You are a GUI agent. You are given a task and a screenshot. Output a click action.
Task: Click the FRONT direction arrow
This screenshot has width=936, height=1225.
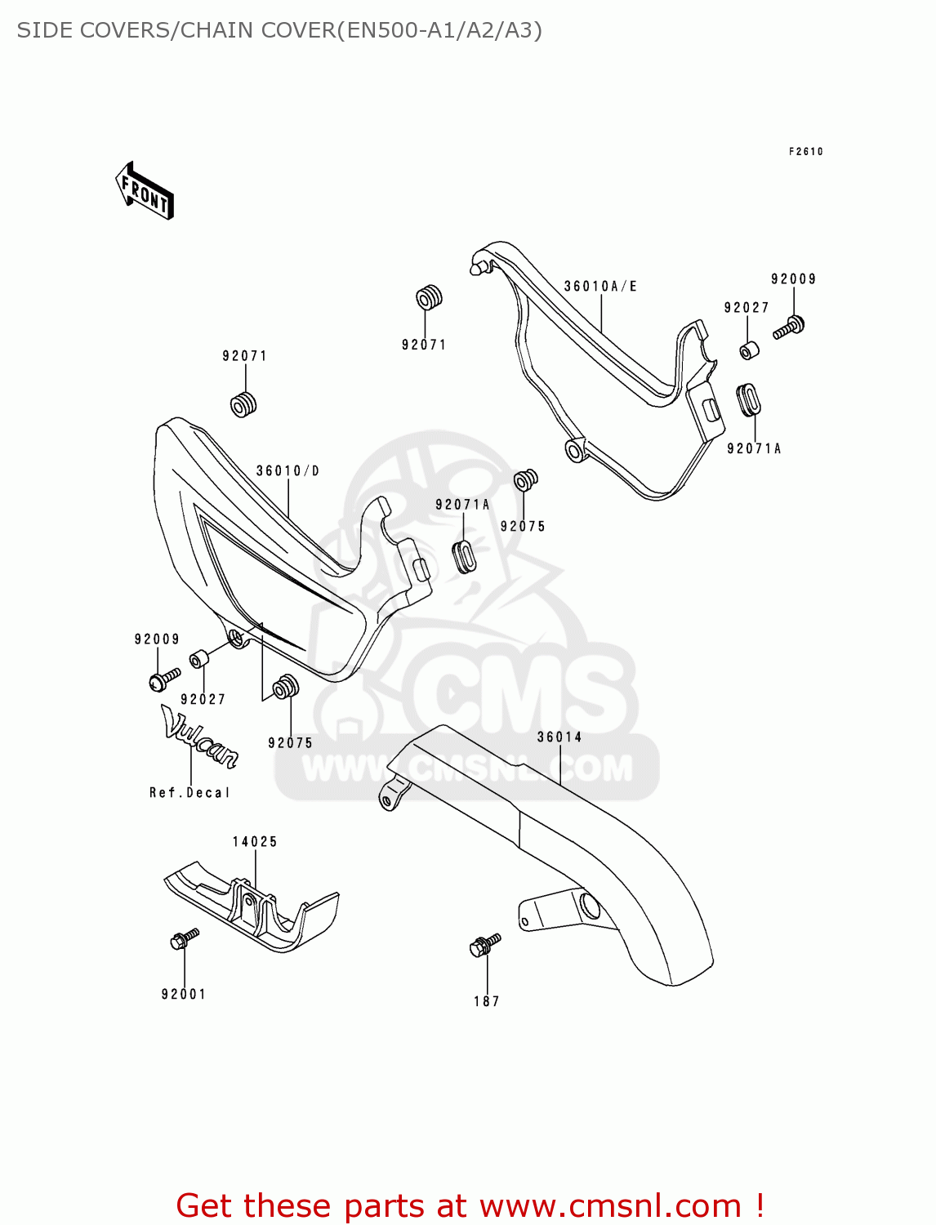pos(145,191)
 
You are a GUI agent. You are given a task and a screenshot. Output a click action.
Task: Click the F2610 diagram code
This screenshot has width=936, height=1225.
pos(805,152)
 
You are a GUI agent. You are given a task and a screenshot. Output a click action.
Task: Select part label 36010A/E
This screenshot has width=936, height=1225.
pos(600,287)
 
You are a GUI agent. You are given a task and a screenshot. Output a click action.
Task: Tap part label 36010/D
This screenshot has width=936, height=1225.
pos(287,471)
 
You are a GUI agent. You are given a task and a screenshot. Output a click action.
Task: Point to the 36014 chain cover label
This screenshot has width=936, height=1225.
pos(559,737)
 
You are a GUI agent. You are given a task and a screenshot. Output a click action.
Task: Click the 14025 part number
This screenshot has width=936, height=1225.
pos(255,842)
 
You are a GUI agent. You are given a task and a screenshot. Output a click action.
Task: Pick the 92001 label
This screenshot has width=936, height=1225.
pos(184,994)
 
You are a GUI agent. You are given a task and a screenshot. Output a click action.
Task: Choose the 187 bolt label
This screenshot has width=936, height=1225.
pos(487,1001)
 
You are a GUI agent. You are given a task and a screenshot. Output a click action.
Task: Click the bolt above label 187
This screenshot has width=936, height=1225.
pos(484,945)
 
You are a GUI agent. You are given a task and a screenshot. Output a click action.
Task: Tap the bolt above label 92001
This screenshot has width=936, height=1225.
pos(184,938)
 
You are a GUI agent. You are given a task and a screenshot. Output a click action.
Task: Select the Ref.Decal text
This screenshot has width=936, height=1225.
pos(189,793)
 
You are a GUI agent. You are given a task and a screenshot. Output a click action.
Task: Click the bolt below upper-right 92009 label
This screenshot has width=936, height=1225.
pos(790,327)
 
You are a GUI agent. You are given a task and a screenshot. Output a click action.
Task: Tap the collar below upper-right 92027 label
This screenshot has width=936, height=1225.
pos(749,350)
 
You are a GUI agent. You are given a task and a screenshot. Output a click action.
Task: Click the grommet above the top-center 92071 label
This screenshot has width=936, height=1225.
pos(430,298)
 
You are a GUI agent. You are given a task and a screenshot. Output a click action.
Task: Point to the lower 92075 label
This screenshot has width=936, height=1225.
pos(290,743)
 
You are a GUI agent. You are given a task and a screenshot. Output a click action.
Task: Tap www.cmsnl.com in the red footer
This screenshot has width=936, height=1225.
pos(609,1206)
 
